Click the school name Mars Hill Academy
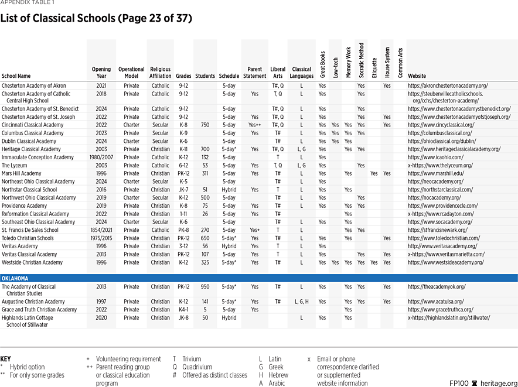[22, 173]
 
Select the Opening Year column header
[101, 73]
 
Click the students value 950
[205, 287]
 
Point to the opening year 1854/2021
[101, 230]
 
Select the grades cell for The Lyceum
[183, 166]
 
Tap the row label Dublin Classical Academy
[29, 141]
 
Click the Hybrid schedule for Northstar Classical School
[229, 190]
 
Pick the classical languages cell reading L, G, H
[301, 302]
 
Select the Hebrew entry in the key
[278, 375]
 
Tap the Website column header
[417, 76]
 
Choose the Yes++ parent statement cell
[254, 125]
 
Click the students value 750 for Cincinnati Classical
[205, 125]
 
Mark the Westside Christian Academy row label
[32, 262]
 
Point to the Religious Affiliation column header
[160, 73]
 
